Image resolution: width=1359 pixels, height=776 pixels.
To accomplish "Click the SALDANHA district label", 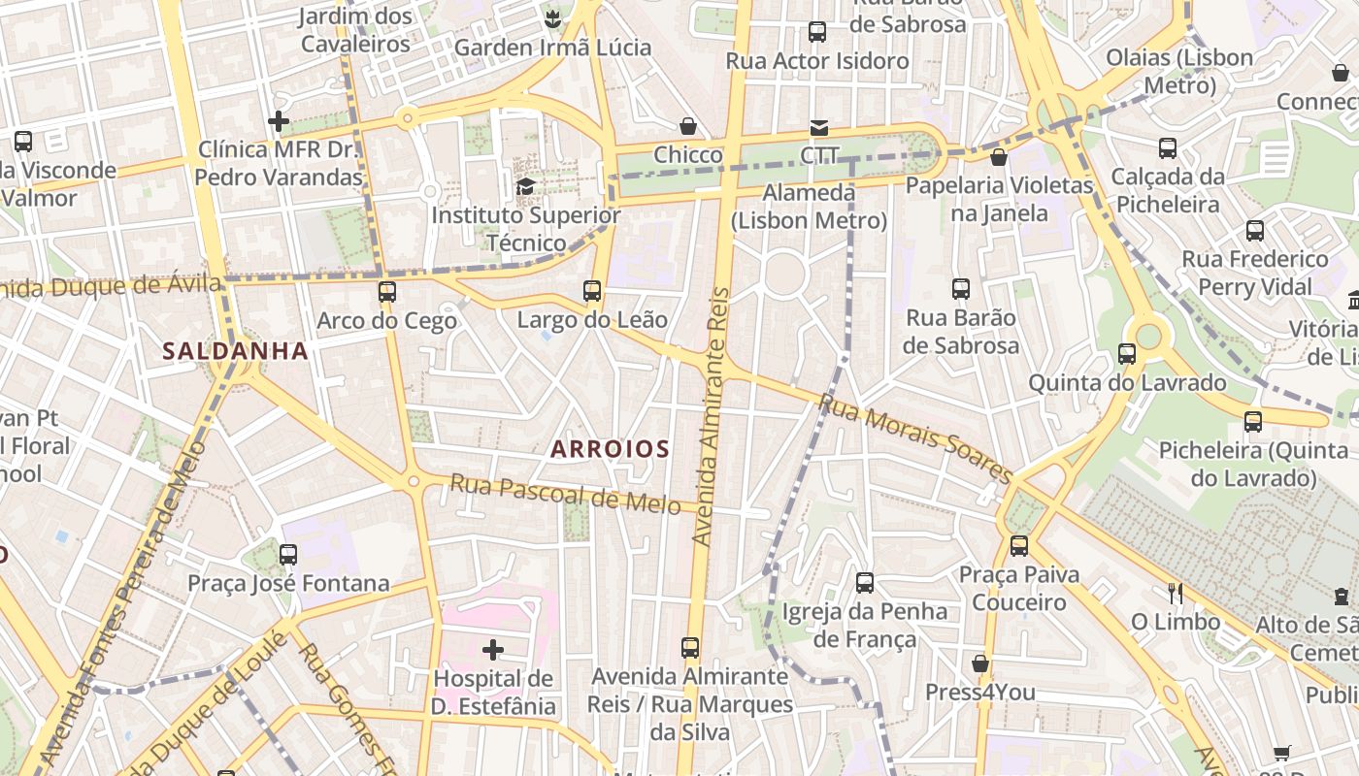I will click(x=235, y=351).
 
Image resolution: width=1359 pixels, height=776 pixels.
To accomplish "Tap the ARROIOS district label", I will click(x=610, y=449).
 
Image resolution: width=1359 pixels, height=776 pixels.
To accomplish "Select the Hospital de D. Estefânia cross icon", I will click(x=493, y=649).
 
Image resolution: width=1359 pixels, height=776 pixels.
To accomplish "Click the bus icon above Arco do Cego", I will click(x=387, y=291).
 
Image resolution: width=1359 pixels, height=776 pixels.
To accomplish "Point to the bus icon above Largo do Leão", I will click(x=592, y=290).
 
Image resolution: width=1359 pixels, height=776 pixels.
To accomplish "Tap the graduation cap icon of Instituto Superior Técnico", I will click(x=525, y=186).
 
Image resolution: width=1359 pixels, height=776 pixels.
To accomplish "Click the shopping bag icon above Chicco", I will click(x=688, y=126).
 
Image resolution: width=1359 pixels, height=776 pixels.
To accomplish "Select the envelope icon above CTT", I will click(x=819, y=127).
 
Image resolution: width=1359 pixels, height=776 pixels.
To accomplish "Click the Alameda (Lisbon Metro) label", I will click(x=809, y=207).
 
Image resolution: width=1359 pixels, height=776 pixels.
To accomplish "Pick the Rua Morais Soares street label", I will click(x=915, y=437).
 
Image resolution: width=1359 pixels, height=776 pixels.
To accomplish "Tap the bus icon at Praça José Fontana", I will click(x=288, y=555).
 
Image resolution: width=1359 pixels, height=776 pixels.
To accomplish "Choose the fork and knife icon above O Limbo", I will click(x=1175, y=593).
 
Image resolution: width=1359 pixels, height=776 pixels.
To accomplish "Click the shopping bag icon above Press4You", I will click(x=980, y=663).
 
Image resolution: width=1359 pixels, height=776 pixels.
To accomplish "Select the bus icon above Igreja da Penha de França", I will click(x=864, y=582).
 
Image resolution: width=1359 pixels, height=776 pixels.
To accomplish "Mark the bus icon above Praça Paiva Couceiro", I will click(x=1018, y=545).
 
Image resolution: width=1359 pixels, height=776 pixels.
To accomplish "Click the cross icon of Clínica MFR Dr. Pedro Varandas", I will click(x=279, y=121).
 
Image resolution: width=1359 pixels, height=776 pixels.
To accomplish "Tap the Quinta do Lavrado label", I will click(x=1127, y=382).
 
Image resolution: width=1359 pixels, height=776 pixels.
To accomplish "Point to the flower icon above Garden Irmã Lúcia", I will click(x=552, y=18).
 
